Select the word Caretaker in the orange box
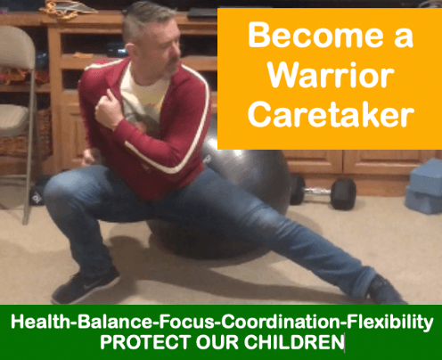[331, 114]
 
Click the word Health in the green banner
[40, 322]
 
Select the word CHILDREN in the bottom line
[294, 342]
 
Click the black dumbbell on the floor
[323, 192]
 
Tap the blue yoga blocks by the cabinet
[424, 186]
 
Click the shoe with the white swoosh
[86, 285]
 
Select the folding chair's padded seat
[13, 119]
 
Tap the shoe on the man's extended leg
[386, 290]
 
